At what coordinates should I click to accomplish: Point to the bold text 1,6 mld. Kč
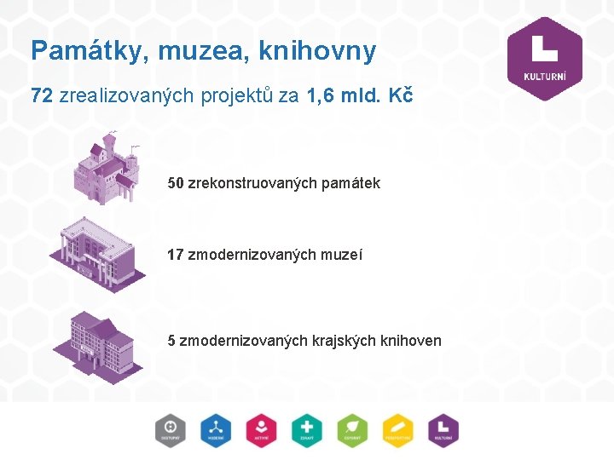(x=359, y=95)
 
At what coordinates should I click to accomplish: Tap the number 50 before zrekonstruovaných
(x=176, y=183)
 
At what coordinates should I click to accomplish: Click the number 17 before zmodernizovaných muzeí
(x=176, y=254)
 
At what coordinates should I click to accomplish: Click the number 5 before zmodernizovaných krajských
(x=172, y=341)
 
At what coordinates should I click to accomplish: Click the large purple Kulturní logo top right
(x=544, y=58)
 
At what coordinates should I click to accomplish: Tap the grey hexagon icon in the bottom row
(x=171, y=430)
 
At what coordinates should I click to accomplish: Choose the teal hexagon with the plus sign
(x=306, y=430)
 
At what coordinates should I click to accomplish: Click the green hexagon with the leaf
(x=351, y=430)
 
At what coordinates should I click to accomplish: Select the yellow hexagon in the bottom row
(x=397, y=430)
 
